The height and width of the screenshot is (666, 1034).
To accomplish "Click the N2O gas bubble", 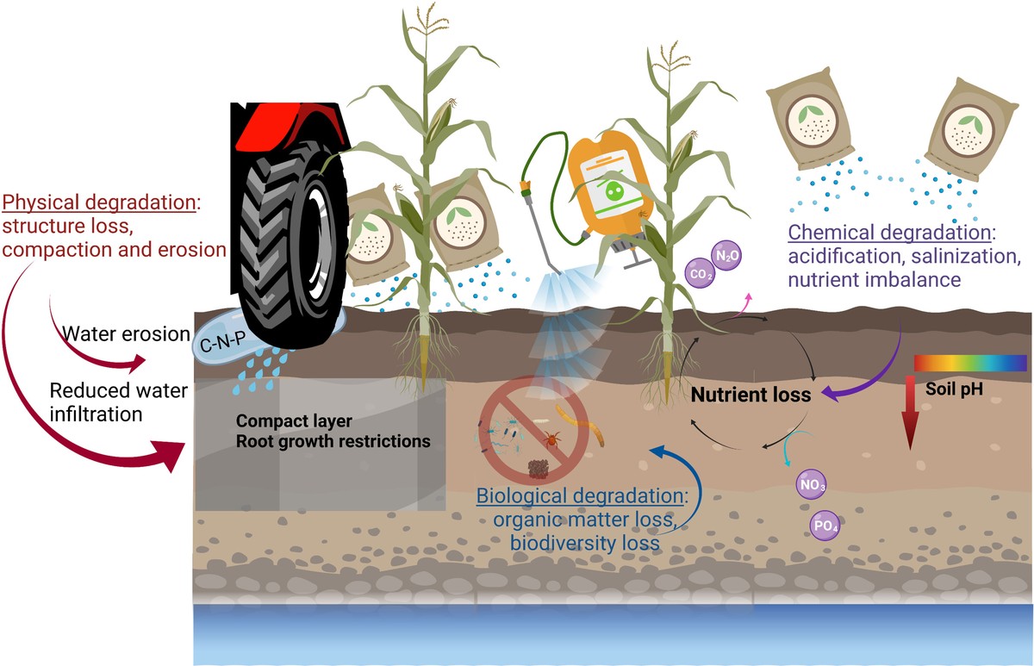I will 726,256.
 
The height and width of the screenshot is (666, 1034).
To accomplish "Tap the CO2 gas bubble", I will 699,274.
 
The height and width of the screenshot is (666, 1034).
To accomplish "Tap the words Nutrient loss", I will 751,395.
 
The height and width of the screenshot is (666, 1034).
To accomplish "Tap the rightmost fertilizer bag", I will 975,128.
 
